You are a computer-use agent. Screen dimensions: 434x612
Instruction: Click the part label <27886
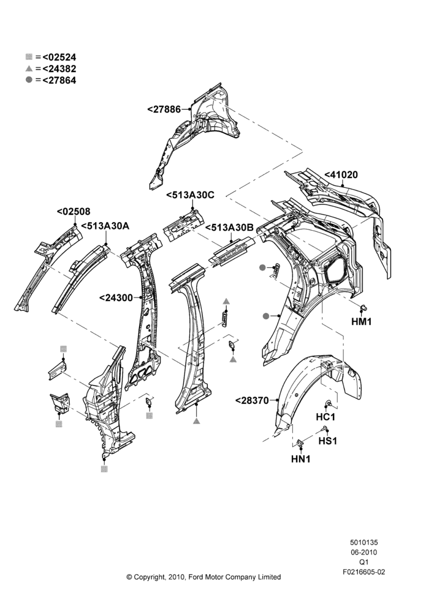(x=164, y=110)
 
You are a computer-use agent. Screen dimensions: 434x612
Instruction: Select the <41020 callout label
(x=341, y=175)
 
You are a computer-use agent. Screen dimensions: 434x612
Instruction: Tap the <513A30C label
(x=190, y=195)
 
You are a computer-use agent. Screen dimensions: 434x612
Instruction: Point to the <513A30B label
(x=229, y=228)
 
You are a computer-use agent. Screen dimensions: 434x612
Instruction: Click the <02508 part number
(x=74, y=212)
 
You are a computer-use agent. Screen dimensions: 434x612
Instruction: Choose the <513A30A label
(x=105, y=226)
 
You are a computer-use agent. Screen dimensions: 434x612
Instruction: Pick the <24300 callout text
(x=116, y=298)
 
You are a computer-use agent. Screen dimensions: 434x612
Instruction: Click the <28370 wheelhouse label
(x=252, y=400)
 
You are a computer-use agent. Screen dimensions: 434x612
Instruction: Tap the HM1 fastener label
(x=362, y=322)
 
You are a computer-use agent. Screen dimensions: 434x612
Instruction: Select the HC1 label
(x=325, y=417)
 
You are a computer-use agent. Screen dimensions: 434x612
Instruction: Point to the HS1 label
(x=328, y=441)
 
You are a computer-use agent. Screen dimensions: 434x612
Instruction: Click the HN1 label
(x=300, y=460)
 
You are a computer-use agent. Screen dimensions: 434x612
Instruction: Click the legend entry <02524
(x=59, y=57)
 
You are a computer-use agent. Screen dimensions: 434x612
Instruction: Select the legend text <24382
(x=59, y=69)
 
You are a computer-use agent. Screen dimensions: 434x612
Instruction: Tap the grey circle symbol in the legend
(x=29, y=80)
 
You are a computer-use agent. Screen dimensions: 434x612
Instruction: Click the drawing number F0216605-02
(x=364, y=572)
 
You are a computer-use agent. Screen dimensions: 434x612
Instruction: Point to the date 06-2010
(x=364, y=552)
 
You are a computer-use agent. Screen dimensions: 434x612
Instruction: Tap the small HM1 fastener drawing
(x=364, y=308)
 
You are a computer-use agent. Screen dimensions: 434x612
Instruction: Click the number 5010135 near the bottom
(x=364, y=542)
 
